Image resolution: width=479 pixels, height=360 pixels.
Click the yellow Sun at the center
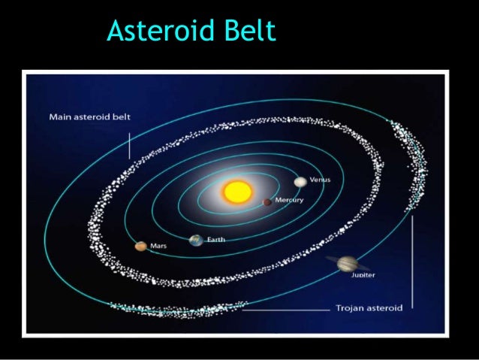tap(236, 191)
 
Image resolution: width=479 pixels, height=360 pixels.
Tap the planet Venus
tap(300, 181)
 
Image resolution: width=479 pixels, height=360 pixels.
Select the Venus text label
tap(320, 180)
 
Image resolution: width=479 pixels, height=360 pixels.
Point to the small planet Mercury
tap(267, 201)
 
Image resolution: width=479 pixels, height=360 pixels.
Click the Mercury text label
tap(289, 201)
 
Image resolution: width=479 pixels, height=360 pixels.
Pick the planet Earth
tap(196, 241)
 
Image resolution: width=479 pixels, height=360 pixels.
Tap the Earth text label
tap(215, 240)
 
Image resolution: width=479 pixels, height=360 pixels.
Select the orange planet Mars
tap(140, 246)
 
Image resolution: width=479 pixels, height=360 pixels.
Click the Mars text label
tap(158, 246)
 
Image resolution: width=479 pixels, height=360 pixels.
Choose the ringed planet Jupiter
tap(348, 263)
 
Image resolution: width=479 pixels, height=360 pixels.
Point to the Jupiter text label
tap(363, 275)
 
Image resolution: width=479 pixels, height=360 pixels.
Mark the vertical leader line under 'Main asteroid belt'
tap(129, 144)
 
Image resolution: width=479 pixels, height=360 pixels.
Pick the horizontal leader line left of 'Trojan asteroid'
tap(285, 308)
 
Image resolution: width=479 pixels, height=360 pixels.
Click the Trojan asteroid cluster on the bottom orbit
tap(180, 308)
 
